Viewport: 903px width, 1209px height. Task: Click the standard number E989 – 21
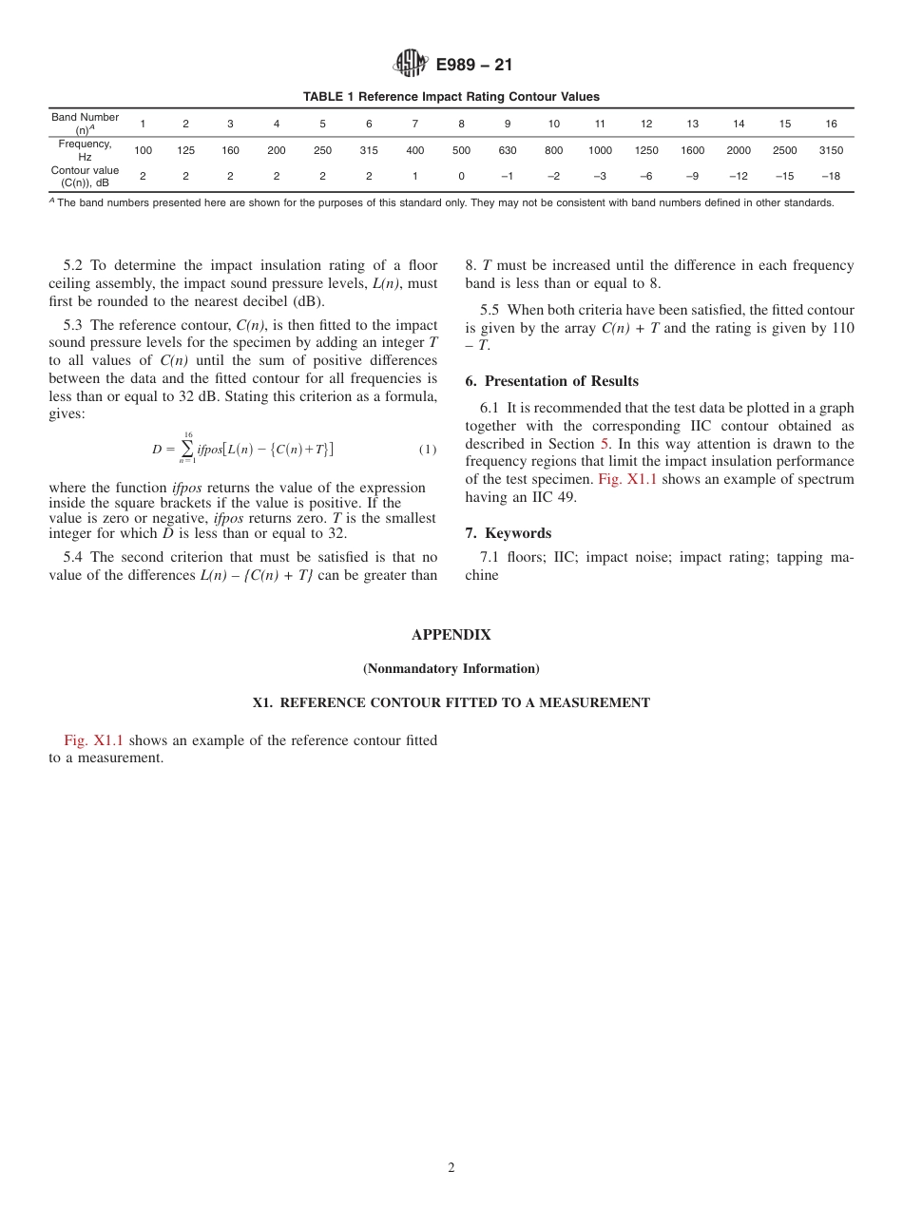(473, 66)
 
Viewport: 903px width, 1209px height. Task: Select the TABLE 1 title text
(451, 97)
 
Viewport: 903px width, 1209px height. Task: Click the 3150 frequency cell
(830, 150)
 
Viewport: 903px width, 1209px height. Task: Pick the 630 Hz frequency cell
(508, 150)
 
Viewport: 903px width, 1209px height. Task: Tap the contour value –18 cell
(830, 177)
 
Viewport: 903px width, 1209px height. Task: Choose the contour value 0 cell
(461, 177)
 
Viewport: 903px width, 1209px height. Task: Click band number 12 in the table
(646, 124)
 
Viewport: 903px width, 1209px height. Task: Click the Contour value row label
(85, 177)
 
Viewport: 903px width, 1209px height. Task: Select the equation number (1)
(427, 450)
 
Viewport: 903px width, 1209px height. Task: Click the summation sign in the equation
(187, 449)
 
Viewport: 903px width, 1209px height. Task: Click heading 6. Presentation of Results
(551, 381)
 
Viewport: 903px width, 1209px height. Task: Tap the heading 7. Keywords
(508, 533)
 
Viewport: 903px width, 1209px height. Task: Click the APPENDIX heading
(451, 635)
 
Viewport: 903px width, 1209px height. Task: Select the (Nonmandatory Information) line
(451, 669)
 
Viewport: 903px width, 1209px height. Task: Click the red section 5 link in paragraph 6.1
(604, 444)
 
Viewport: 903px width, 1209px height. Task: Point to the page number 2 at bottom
(451, 1168)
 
